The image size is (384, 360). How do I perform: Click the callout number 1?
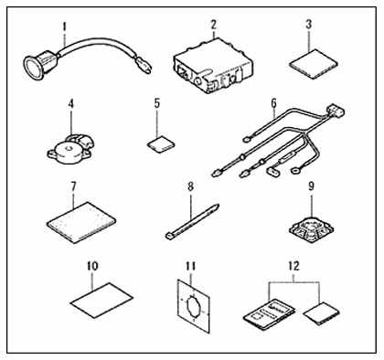click(64, 26)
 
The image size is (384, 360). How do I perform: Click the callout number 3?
click(309, 25)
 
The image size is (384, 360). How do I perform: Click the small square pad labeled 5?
click(161, 143)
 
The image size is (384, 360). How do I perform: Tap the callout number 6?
click(273, 103)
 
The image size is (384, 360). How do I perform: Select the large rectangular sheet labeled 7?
click(81, 222)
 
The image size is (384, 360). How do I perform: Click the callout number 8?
click(190, 186)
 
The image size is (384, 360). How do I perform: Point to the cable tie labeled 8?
click(192, 221)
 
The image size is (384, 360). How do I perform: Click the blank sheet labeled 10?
click(101, 299)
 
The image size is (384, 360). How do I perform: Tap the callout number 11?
click(190, 267)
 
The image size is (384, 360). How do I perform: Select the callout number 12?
click(293, 266)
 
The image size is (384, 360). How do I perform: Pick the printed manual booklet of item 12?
click(269, 314)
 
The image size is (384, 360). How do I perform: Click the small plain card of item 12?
click(322, 313)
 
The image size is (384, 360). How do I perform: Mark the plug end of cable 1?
click(144, 67)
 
